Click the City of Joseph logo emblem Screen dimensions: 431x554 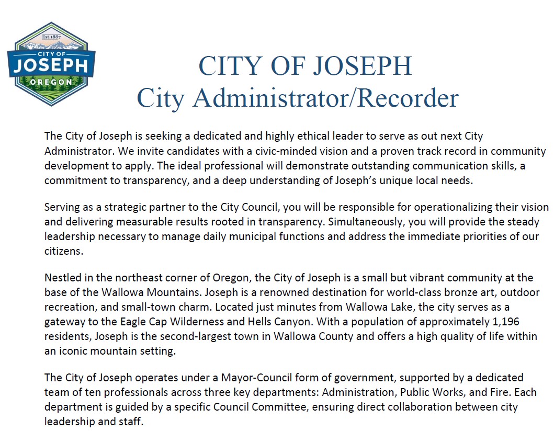coord(51,64)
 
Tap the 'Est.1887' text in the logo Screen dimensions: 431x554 coord(51,37)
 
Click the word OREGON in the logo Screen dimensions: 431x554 coord(51,83)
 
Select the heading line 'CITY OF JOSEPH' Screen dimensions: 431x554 coord(305,66)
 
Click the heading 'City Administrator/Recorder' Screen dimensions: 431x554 coord(297,98)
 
